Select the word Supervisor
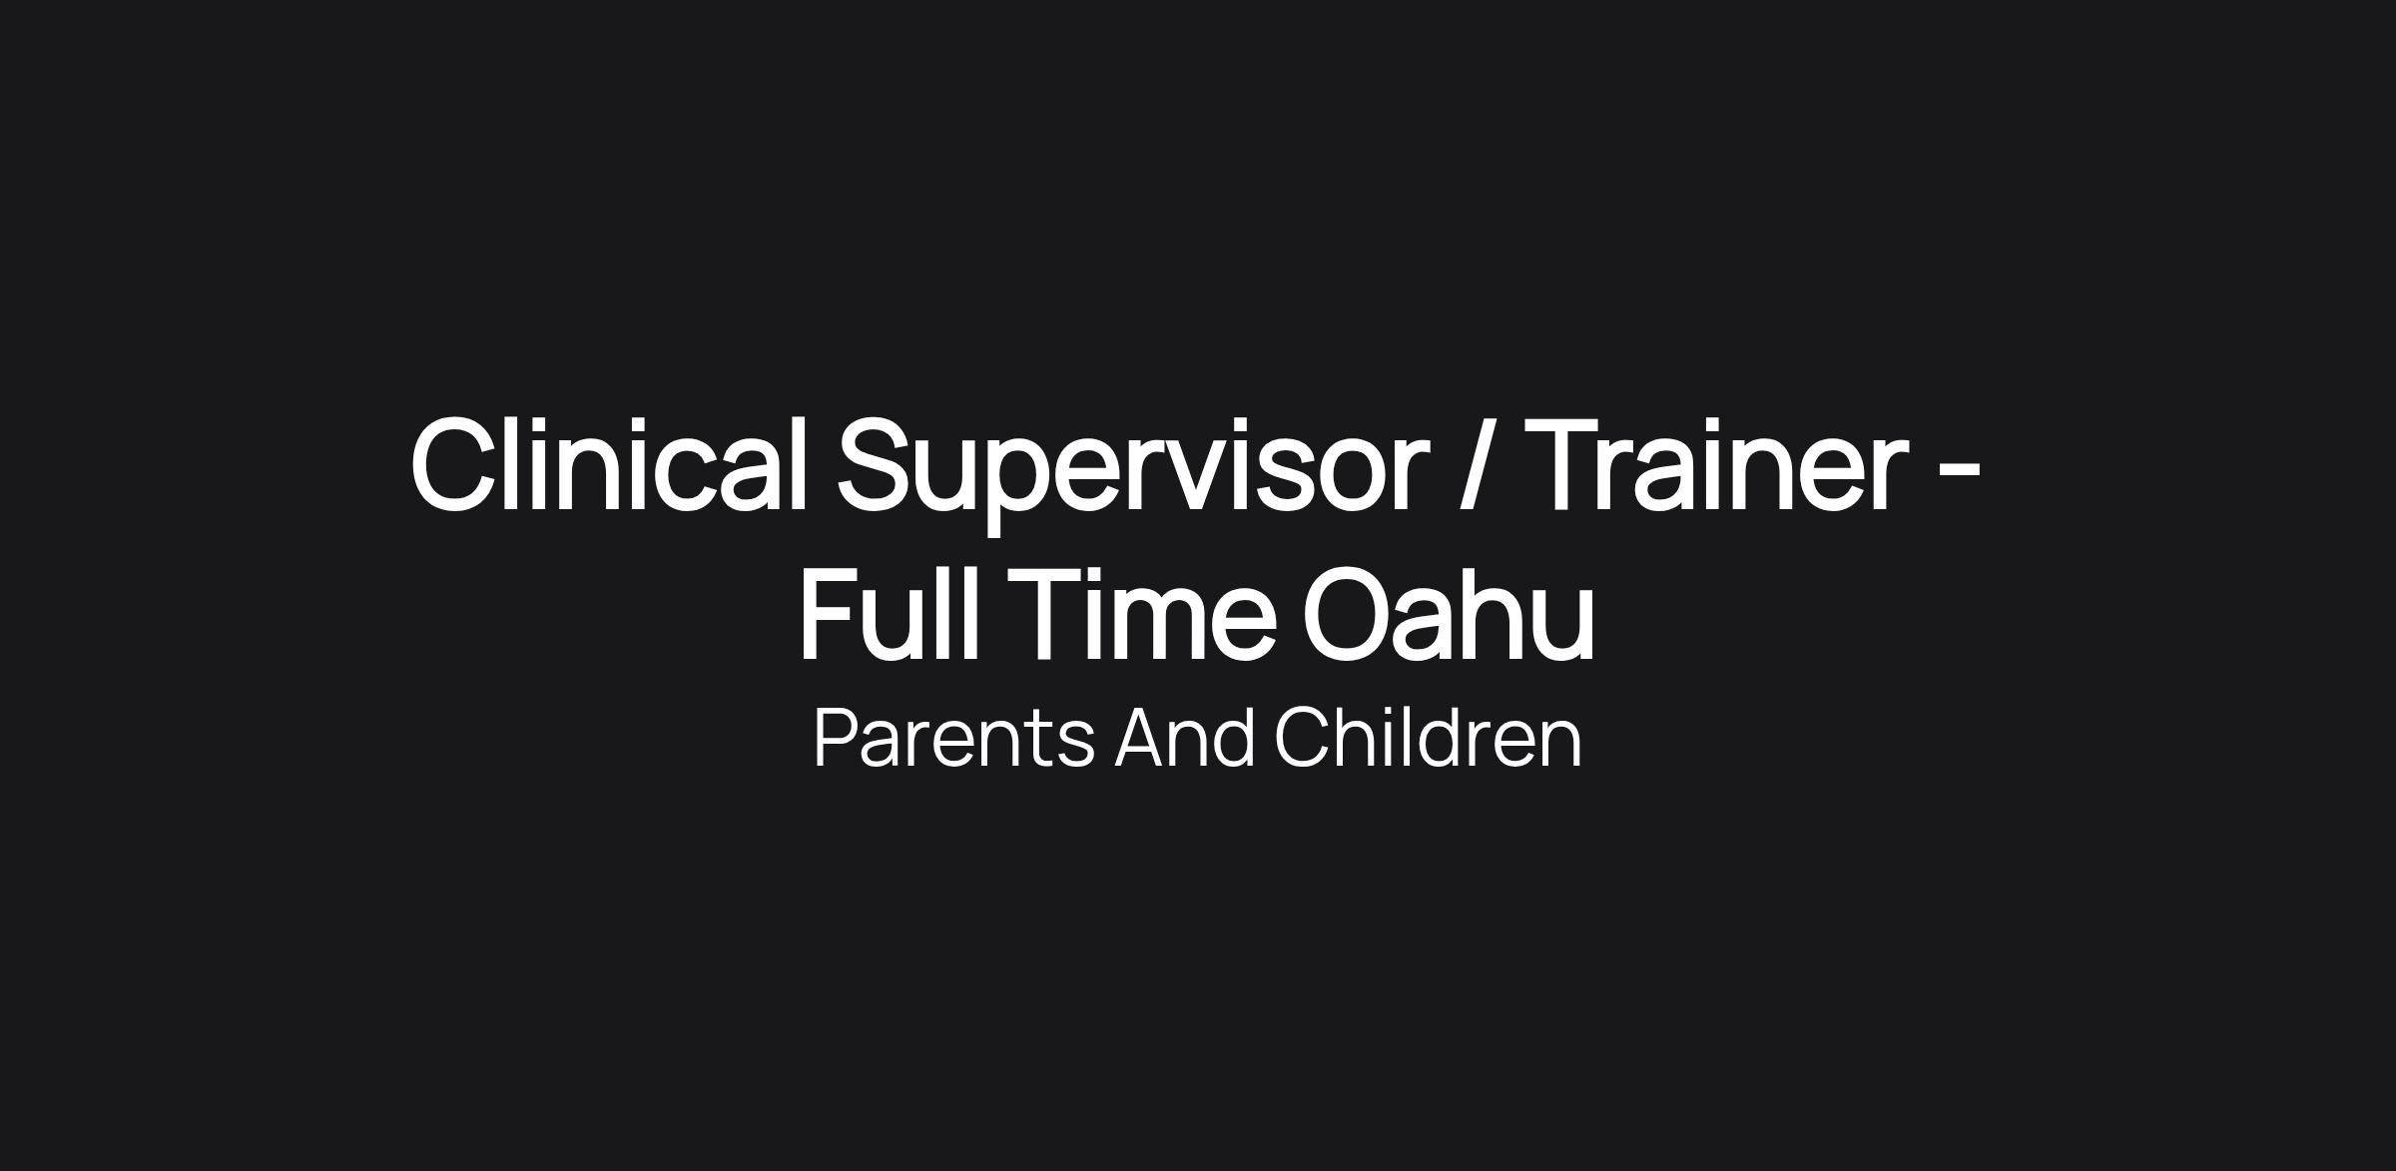point(1127,474)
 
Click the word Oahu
point(1449,613)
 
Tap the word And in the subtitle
point(1185,737)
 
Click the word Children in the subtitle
point(1429,737)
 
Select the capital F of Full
point(833,612)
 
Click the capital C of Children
point(1303,738)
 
